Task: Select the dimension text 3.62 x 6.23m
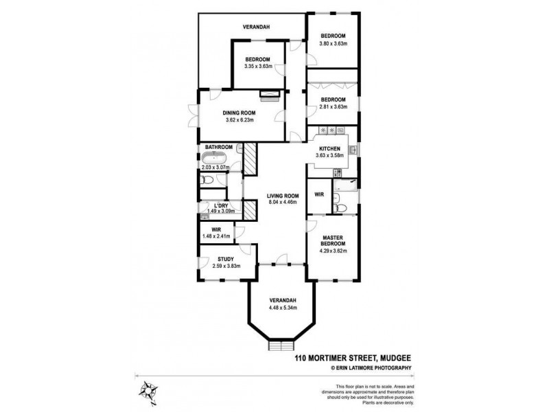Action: click(240, 120)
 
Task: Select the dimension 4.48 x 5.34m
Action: click(282, 309)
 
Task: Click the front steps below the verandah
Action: click(282, 345)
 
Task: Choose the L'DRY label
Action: click(220, 205)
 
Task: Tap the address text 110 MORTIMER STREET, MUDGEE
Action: click(353, 358)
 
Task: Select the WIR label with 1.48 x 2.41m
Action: click(216, 230)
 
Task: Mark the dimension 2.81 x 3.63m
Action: click(334, 106)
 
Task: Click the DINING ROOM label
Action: click(239, 113)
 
